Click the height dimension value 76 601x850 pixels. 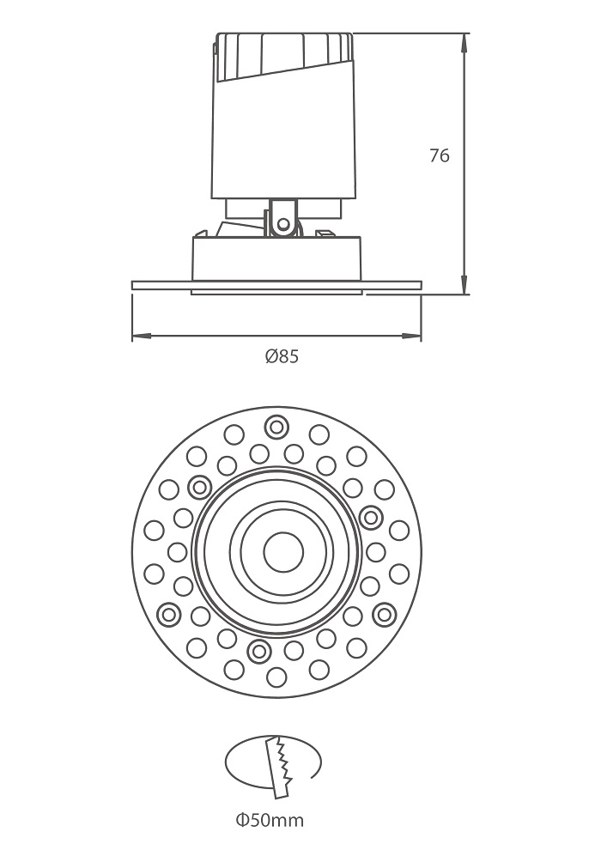(440, 155)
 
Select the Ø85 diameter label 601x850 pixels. (282, 356)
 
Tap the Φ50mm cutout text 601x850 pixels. (270, 820)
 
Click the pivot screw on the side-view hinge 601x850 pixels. (282, 222)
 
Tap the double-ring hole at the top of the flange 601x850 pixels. (276, 428)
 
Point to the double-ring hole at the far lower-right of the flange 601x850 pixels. (385, 614)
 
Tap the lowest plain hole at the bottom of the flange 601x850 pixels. (276, 677)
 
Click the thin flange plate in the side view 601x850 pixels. (276, 285)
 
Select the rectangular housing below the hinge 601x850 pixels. (276, 258)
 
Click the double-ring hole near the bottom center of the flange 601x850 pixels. (258, 651)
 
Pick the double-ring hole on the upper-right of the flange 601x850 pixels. (371, 518)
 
